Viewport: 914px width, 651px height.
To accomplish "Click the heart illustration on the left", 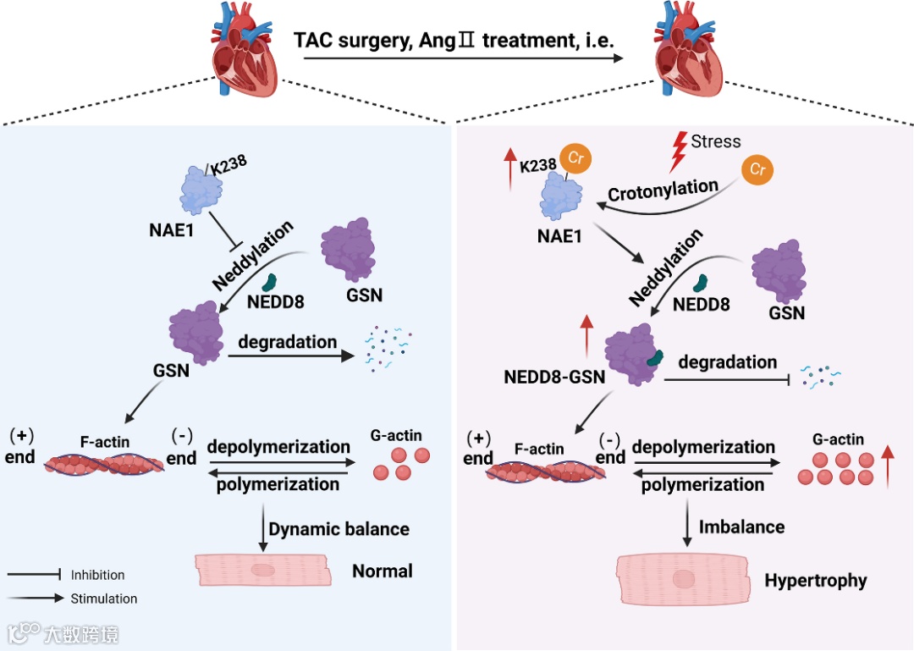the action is coord(244,49).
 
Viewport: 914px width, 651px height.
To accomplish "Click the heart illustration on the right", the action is coord(688,49).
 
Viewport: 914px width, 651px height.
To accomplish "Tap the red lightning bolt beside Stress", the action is coord(678,152).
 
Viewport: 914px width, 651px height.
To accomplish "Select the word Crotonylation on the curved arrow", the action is coord(663,190).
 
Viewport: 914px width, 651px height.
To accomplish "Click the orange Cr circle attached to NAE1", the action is coord(575,158).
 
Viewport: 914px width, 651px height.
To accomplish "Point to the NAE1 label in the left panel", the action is coord(171,229).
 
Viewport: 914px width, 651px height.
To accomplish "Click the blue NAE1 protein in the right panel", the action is coord(561,196).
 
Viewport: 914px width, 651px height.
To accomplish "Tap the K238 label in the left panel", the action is coord(228,165).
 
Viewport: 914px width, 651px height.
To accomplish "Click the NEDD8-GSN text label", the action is coord(554,377).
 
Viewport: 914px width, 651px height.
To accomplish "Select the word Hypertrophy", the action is coord(816,581).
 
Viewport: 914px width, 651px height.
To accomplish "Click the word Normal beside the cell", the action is coord(383,571).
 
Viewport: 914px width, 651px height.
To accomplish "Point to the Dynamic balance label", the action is coord(339,529).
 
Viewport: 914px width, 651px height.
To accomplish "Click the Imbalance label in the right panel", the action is coord(741,527).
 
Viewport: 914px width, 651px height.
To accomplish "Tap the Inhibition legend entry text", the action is coord(98,575).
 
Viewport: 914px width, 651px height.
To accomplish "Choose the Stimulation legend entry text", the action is coord(104,599).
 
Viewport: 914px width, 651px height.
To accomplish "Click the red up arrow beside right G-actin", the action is coord(887,466).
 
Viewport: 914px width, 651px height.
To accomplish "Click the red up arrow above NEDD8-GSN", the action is coord(586,335).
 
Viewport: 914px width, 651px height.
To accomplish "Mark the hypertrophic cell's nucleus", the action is coord(683,579).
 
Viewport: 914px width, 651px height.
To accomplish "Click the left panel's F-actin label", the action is coord(105,442).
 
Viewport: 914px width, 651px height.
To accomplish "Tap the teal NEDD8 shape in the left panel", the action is coord(269,283).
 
